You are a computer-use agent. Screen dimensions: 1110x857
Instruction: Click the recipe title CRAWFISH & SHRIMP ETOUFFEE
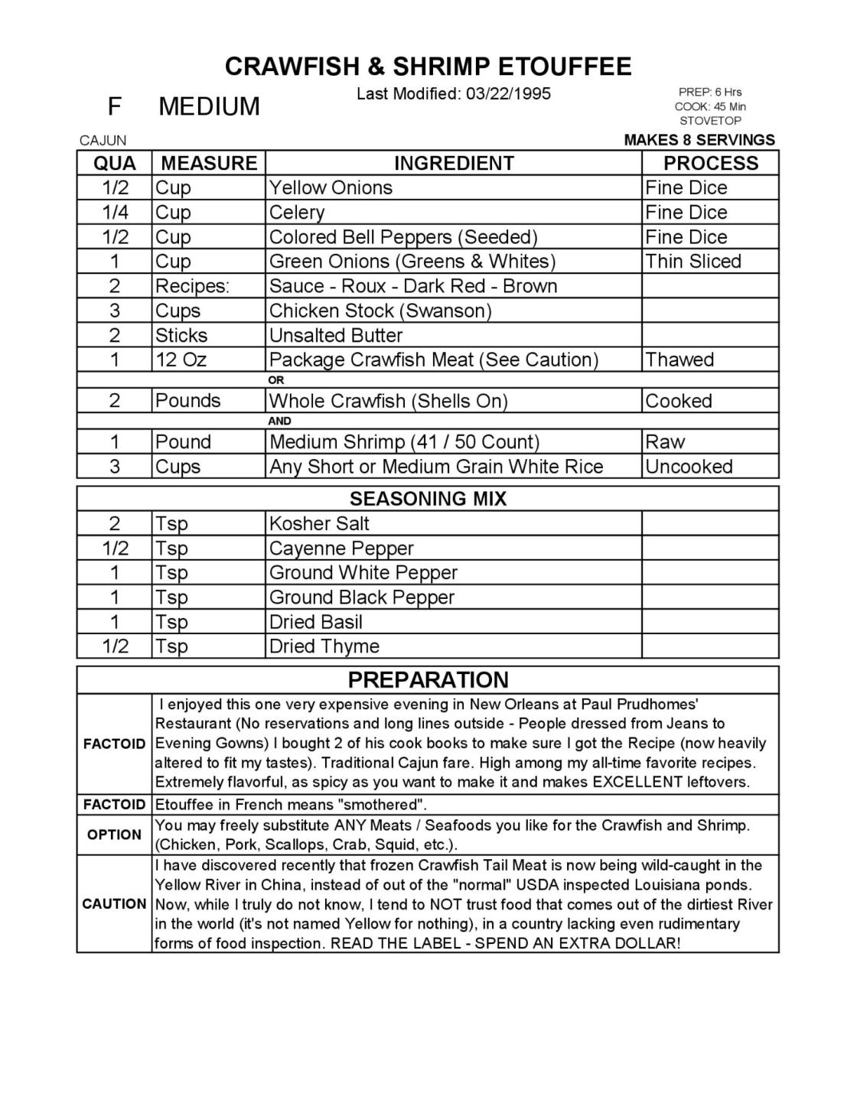pyautogui.click(x=428, y=67)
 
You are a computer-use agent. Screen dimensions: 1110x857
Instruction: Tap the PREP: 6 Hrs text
pyautogui.click(x=710, y=92)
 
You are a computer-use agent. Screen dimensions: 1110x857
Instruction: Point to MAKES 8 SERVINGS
pyautogui.click(x=699, y=140)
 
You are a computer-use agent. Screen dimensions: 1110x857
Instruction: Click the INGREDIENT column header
pyautogui.click(x=454, y=163)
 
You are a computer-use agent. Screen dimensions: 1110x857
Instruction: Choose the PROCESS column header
pyautogui.click(x=710, y=163)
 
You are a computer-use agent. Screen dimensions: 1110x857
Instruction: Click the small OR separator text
pyautogui.click(x=276, y=380)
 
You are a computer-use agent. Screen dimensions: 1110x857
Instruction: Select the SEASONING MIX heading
pyautogui.click(x=428, y=499)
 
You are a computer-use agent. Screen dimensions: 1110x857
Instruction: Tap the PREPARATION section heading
pyautogui.click(x=428, y=679)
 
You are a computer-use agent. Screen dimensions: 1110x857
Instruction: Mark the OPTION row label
pyautogui.click(x=114, y=835)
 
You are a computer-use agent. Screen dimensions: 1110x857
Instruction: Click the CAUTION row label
pyautogui.click(x=114, y=903)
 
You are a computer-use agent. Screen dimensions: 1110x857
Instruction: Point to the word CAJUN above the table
pyautogui.click(x=103, y=140)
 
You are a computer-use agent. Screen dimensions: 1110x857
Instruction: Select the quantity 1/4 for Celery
pyautogui.click(x=115, y=212)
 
